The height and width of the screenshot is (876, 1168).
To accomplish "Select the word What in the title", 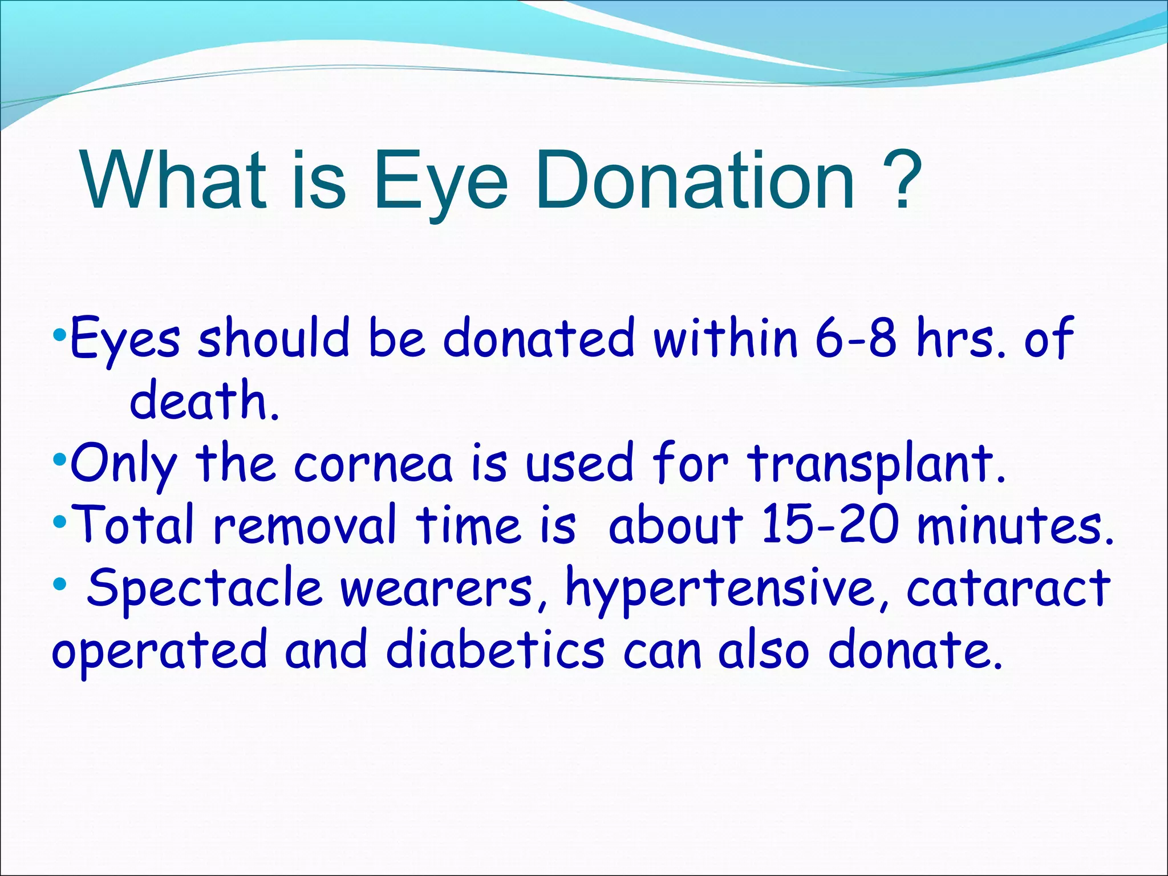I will (x=174, y=180).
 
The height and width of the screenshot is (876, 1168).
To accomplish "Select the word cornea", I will (x=374, y=463).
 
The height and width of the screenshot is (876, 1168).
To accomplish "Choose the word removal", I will (x=305, y=525).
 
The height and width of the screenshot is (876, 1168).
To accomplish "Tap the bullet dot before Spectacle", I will (x=59, y=584).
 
